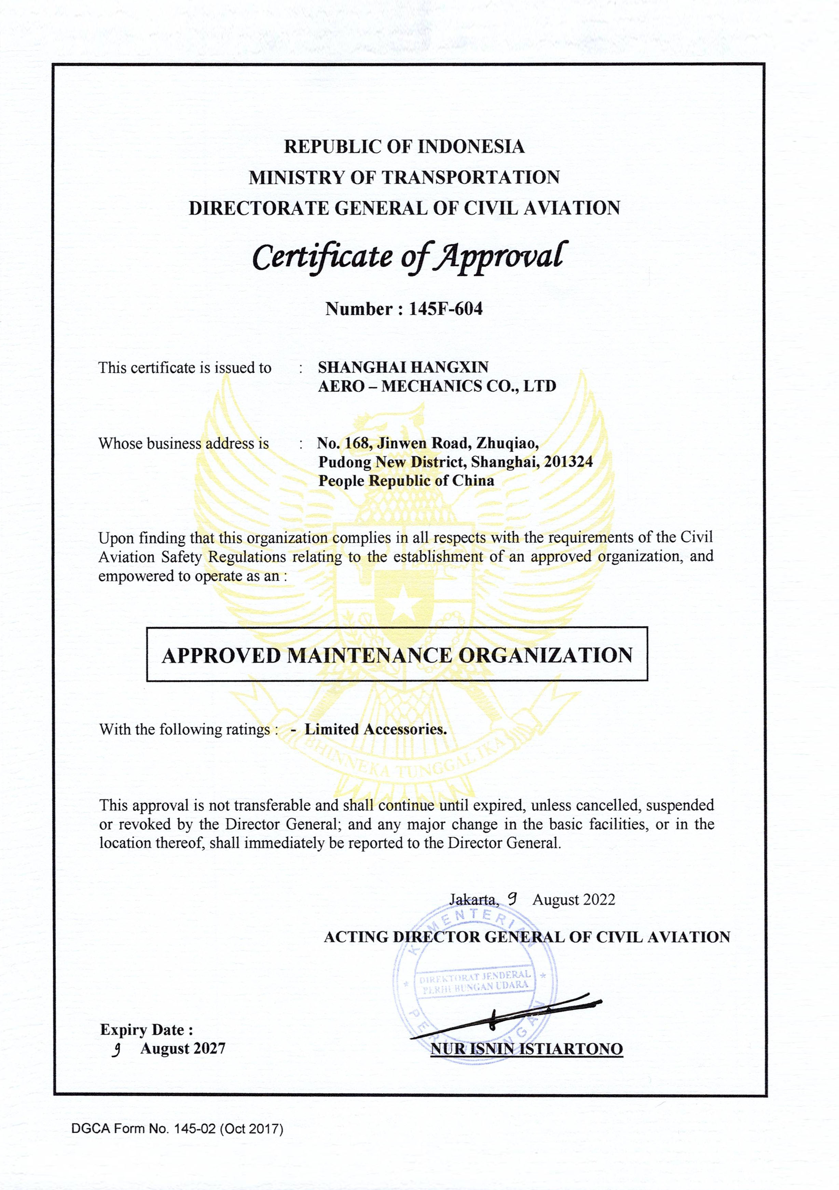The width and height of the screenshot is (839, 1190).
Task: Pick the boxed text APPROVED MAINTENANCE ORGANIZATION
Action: [x=397, y=656]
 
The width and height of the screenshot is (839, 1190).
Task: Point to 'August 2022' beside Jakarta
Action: [x=573, y=899]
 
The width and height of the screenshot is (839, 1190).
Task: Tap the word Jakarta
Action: [x=473, y=899]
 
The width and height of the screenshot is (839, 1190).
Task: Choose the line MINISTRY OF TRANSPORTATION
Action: [x=404, y=177]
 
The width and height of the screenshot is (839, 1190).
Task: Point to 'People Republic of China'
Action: [x=406, y=481]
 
